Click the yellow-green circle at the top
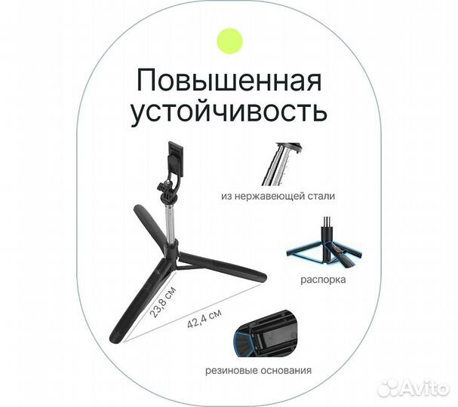pyautogui.click(x=229, y=41)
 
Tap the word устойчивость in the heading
pyautogui.click(x=229, y=112)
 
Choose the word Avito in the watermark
pyautogui.click(x=426, y=387)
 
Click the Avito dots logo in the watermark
pyautogui.click(x=389, y=387)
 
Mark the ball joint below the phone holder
pyautogui.click(x=162, y=188)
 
